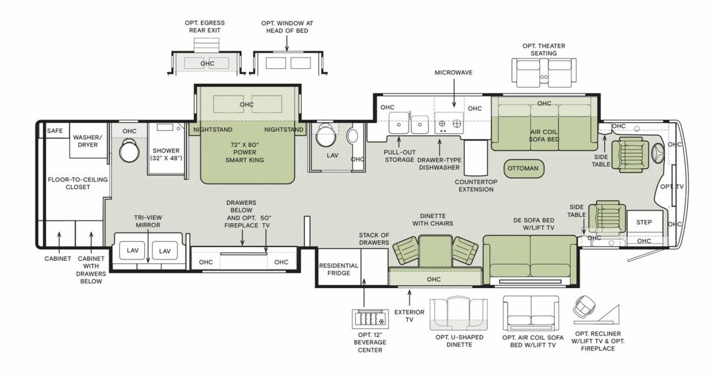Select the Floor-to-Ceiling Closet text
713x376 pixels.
click(78, 183)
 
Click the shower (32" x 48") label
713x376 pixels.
click(166, 154)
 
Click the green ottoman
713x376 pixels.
click(523, 168)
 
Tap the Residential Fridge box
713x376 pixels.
click(339, 269)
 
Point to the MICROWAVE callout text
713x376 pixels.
click(453, 72)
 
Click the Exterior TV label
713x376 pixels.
click(410, 316)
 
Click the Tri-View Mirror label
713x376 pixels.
click(148, 221)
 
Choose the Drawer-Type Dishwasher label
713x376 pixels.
click(440, 164)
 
